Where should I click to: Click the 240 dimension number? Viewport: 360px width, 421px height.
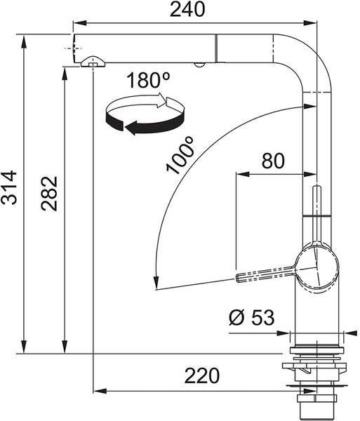(187, 9)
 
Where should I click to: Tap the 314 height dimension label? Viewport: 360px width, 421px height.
(9, 187)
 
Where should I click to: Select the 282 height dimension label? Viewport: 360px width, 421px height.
(49, 194)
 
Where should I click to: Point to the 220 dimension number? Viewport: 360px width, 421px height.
(202, 375)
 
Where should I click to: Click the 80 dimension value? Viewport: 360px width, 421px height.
(273, 161)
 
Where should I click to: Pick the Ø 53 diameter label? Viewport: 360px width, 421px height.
(251, 317)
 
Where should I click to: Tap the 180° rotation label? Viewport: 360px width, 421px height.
(148, 80)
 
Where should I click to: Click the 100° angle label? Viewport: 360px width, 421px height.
(180, 155)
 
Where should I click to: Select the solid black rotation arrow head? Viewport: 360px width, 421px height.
(131, 128)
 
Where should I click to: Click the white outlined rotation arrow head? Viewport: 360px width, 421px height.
(162, 100)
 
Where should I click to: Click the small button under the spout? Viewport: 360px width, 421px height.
(199, 65)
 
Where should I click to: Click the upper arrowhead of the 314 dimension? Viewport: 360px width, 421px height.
(24, 41)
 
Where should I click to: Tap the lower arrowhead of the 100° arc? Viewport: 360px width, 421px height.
(155, 283)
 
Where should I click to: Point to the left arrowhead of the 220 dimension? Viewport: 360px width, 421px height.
(100, 391)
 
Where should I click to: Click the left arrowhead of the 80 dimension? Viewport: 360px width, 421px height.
(243, 174)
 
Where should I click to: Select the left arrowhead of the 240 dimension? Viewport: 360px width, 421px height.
(80, 23)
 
